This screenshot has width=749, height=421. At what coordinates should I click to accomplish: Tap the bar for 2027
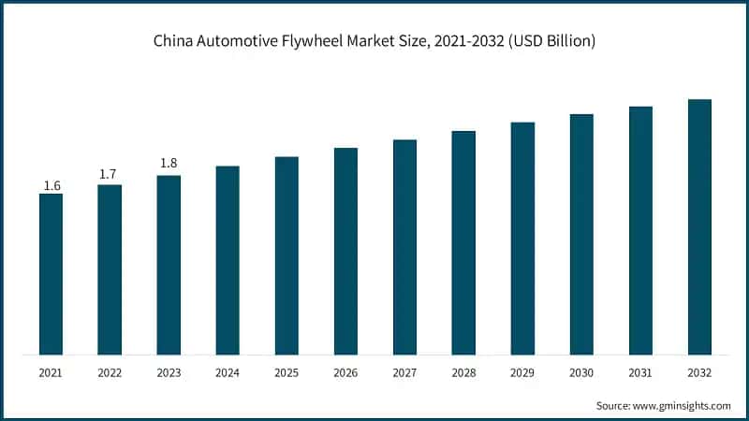tap(404, 247)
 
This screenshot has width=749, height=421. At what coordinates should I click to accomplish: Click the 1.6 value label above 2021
tap(51, 186)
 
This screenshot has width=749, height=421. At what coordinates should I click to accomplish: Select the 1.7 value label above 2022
tap(110, 174)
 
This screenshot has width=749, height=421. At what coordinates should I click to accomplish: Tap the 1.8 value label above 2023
tap(169, 164)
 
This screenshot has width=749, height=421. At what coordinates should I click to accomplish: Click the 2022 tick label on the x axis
tap(110, 372)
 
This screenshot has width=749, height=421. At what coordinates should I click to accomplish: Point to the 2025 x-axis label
tap(286, 372)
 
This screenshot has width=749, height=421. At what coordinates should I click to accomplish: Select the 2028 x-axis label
tap(463, 372)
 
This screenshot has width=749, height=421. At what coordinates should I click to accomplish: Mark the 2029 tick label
tap(522, 372)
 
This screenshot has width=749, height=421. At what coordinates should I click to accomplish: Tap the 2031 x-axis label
tap(640, 372)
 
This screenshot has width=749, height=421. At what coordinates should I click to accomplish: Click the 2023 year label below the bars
tap(169, 372)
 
